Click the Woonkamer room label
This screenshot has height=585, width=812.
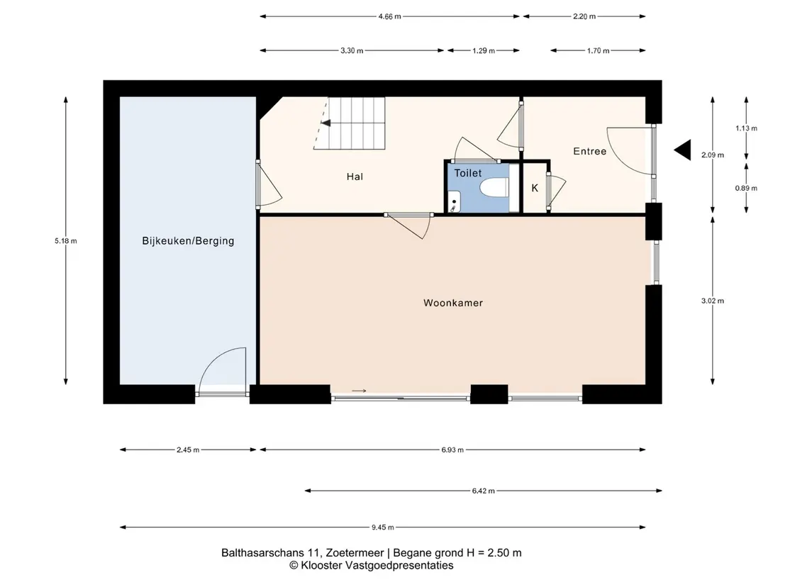[x=453, y=303]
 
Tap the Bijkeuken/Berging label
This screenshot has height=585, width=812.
[x=188, y=240]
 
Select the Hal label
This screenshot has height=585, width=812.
[x=355, y=177]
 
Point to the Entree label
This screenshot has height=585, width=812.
[x=590, y=151]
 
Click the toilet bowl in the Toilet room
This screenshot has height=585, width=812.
[x=494, y=187]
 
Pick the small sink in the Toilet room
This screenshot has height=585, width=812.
[x=454, y=201]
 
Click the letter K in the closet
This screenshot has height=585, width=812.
[x=535, y=188]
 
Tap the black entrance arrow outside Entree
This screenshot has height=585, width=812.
[x=682, y=150]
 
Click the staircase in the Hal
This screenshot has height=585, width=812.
[x=350, y=123]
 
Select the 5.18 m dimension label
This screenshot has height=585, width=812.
[x=66, y=240]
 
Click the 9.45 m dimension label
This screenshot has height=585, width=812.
[x=383, y=528]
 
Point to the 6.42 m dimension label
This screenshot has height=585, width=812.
[x=483, y=491]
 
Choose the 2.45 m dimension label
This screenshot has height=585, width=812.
[x=188, y=450]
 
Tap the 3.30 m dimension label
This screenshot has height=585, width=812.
[x=352, y=51]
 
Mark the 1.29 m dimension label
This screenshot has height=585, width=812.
[x=484, y=51]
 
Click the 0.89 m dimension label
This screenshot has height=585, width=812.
[x=746, y=188]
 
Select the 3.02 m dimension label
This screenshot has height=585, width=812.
[x=713, y=301]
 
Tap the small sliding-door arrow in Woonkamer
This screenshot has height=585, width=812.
[x=359, y=391]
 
